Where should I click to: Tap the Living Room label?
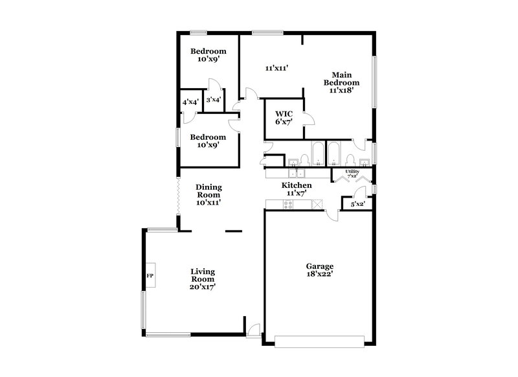203,279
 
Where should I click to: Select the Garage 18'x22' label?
319,271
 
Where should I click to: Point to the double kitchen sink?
297,173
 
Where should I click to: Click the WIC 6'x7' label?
284,118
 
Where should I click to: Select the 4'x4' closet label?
190,102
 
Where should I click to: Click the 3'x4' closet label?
213,100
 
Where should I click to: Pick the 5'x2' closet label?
357,204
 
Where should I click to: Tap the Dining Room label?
209,194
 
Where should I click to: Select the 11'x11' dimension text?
276,67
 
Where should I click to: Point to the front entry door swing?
254,329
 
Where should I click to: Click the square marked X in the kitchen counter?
317,205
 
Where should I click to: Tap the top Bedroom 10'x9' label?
207,56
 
